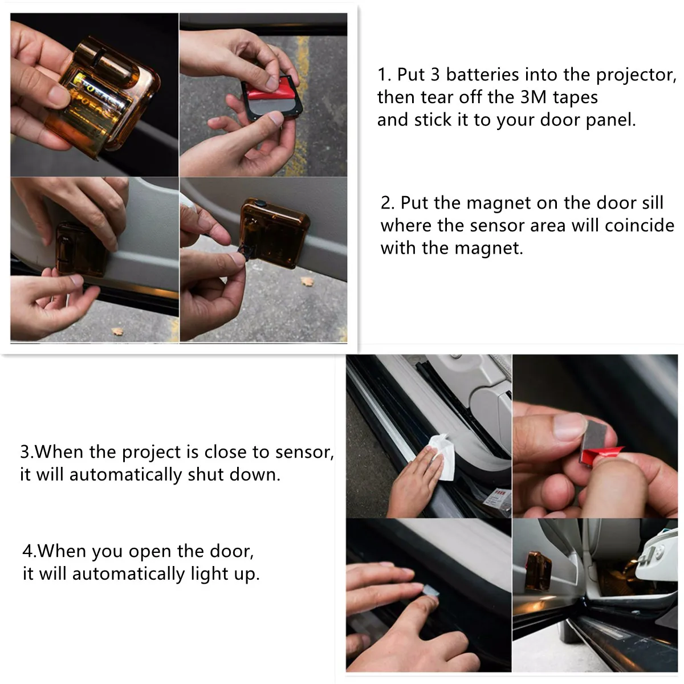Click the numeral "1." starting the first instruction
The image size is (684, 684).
pyautogui.click(x=384, y=75)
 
